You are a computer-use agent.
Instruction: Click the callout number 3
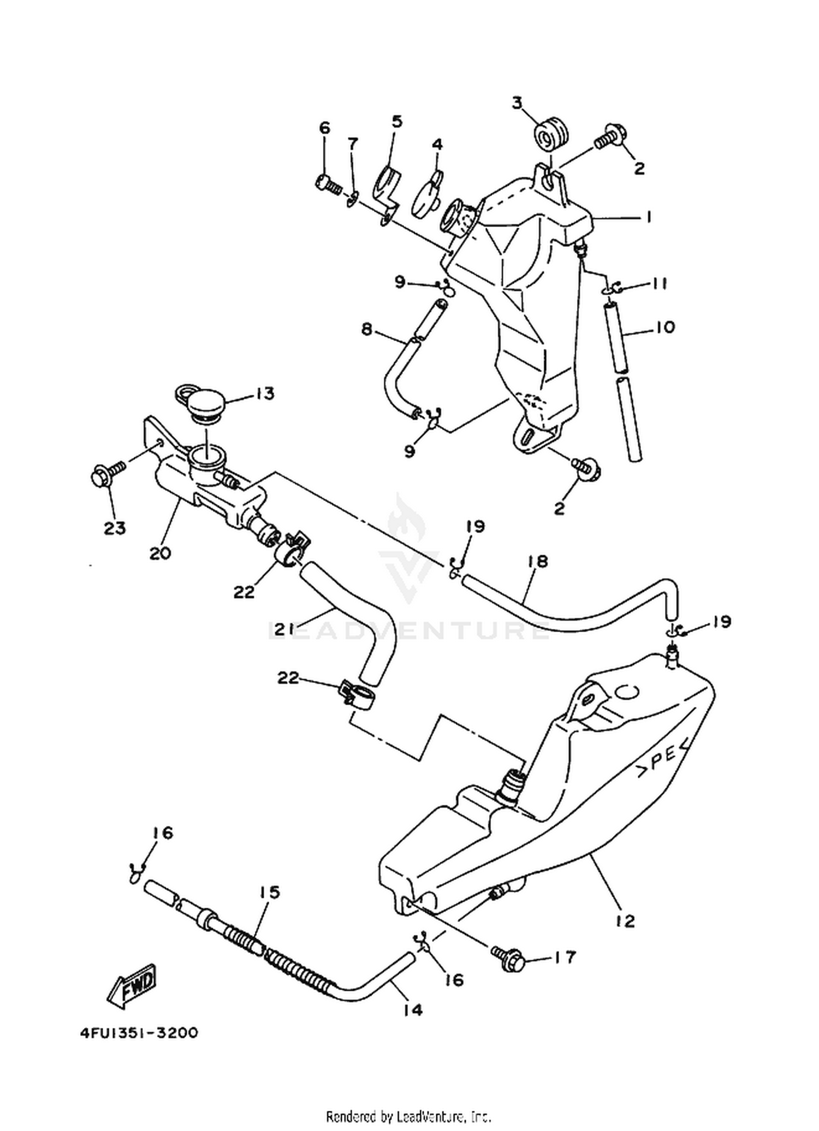[x=517, y=102]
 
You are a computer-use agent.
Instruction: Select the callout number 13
[x=265, y=394]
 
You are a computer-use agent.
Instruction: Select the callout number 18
[x=538, y=562]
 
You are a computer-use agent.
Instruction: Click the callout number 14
[x=413, y=1010]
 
